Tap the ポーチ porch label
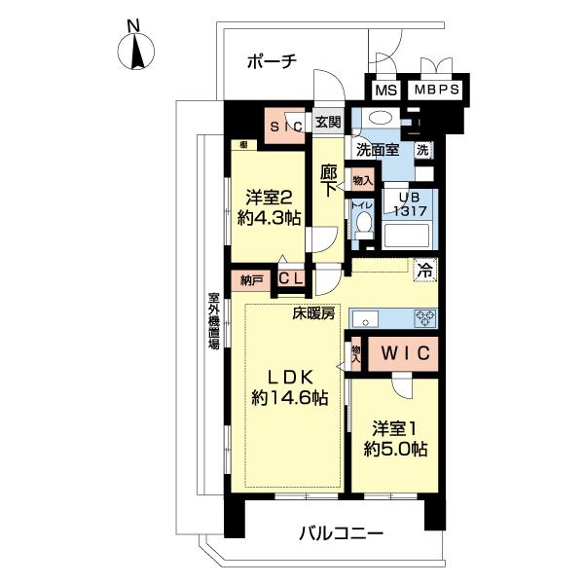pos(273,61)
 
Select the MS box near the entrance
pos(386,90)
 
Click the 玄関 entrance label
pos(328,122)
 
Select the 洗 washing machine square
pos(422,150)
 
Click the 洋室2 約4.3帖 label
pos(267,204)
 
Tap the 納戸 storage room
pos(252,280)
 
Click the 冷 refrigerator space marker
pos(425,271)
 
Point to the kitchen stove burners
pos(425,317)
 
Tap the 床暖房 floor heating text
pos(314,313)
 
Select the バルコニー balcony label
pos(341,534)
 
